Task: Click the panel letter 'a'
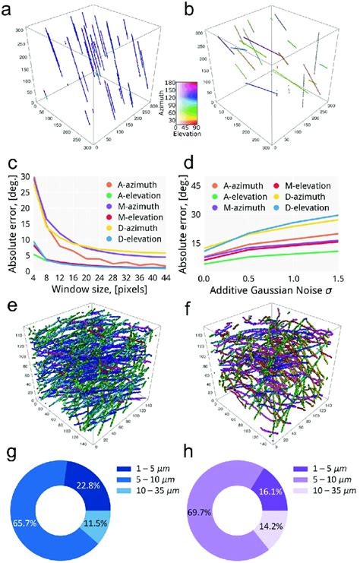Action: pyautogui.click(x=9, y=10)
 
